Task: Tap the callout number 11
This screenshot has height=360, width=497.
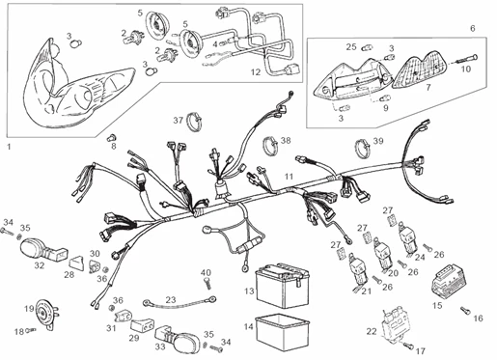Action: pyautogui.click(x=289, y=177)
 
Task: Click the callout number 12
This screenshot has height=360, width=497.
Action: pyautogui.click(x=255, y=71)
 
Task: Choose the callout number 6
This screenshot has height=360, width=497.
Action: pyautogui.click(x=472, y=29)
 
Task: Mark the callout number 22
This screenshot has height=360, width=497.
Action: pyautogui.click(x=373, y=331)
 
